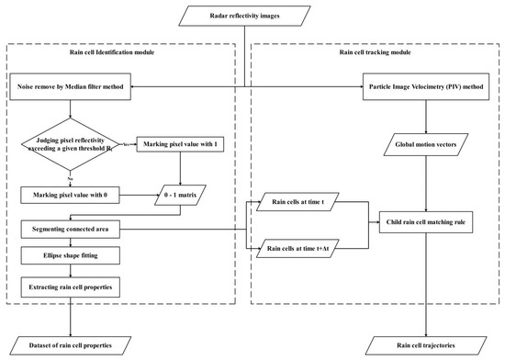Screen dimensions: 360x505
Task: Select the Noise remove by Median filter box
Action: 70,87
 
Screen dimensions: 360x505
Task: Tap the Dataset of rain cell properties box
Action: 71,343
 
